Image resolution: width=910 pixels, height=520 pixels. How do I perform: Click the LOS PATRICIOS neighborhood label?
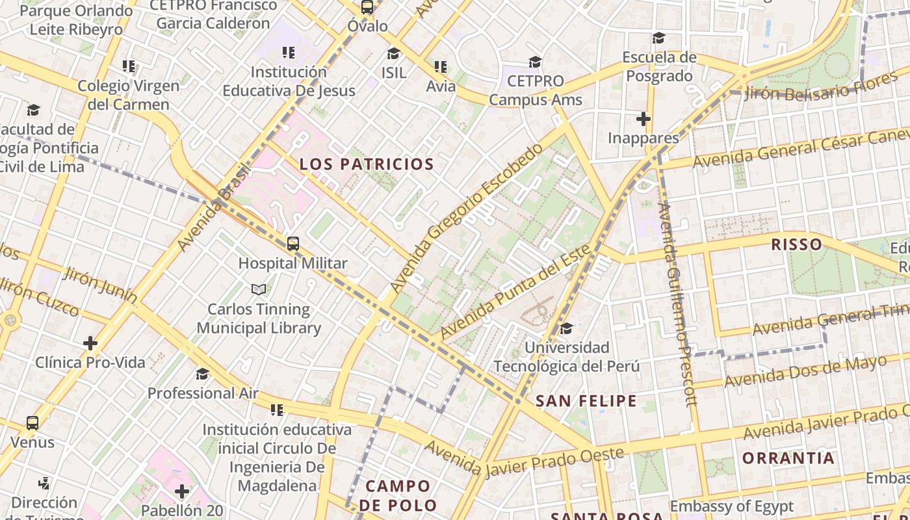click(x=367, y=164)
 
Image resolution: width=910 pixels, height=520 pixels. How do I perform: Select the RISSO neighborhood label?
click(x=796, y=245)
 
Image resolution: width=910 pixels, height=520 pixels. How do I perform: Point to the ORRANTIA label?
click(x=788, y=458)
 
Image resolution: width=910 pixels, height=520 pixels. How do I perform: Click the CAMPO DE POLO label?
click(x=398, y=495)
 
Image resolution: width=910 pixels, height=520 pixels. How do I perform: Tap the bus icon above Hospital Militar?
click(x=293, y=244)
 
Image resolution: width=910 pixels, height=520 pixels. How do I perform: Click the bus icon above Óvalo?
click(x=367, y=8)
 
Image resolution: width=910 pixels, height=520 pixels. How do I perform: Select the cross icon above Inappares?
click(x=643, y=119)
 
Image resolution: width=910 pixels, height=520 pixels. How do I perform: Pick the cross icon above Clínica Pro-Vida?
click(x=90, y=343)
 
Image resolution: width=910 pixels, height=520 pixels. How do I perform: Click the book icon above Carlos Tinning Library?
click(x=259, y=289)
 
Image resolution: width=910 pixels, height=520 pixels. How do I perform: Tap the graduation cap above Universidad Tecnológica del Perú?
click(x=567, y=328)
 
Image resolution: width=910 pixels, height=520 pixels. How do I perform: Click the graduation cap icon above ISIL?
click(x=394, y=53)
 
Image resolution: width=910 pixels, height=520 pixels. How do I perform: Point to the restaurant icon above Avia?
click(x=441, y=67)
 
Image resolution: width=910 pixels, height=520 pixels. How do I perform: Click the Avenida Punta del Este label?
click(x=515, y=292)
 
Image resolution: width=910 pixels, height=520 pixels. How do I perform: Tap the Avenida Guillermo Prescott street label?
click(x=678, y=304)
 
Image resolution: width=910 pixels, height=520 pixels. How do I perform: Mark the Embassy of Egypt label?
click(x=731, y=506)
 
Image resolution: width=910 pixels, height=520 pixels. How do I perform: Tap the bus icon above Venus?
click(x=32, y=423)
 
